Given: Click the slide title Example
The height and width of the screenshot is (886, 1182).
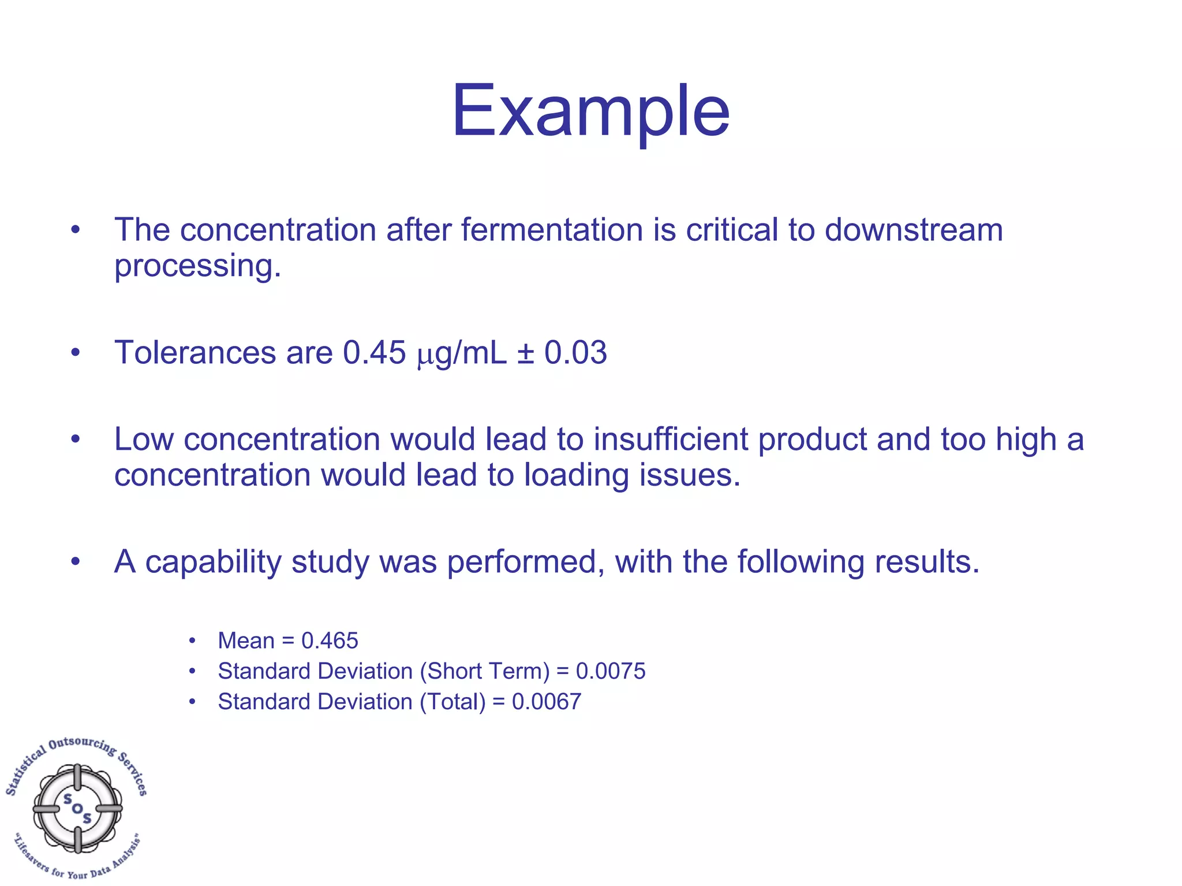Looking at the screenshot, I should coord(590,111).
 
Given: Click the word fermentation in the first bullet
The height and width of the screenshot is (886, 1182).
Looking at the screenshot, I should coord(552,230).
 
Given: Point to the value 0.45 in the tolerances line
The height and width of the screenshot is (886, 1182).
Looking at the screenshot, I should coord(374,352).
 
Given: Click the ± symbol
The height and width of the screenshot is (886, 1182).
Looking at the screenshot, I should coord(525,353).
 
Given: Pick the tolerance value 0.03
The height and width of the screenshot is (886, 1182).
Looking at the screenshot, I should coord(575,352).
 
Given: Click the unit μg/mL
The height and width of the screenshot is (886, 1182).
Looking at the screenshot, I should coord(461,353).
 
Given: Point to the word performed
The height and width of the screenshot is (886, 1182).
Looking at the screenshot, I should coord(526,562).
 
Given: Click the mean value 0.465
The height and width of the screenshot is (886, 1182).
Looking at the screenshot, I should coord(330,641).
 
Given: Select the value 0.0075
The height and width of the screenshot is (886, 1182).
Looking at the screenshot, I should coord(611,671).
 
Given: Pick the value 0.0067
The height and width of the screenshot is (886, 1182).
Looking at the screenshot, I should coord(546,702).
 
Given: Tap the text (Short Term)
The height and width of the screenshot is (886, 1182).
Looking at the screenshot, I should coord(485,671).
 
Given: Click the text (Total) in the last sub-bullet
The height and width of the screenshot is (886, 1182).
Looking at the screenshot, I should coord(452,702).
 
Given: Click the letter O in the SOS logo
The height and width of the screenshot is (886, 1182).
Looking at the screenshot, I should coord(77,809).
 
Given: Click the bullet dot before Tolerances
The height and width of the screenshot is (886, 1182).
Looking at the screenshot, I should coord(75,352).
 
